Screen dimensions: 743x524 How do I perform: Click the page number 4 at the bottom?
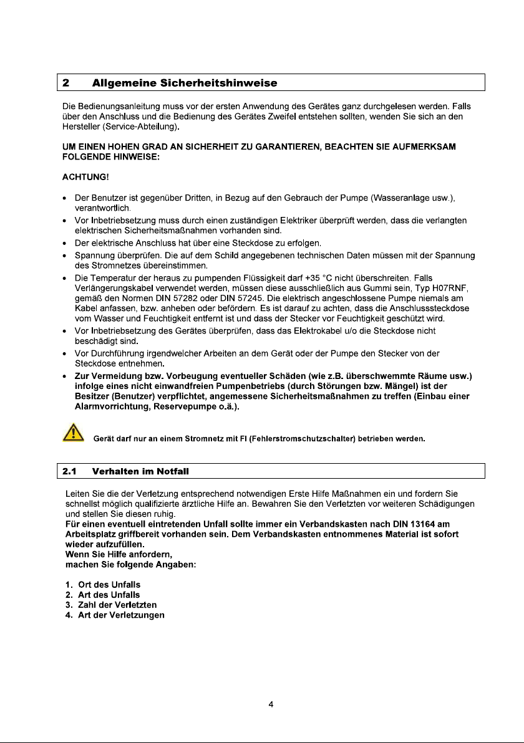[x=271, y=705]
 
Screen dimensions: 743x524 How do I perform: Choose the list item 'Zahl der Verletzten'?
[x=113, y=605]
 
